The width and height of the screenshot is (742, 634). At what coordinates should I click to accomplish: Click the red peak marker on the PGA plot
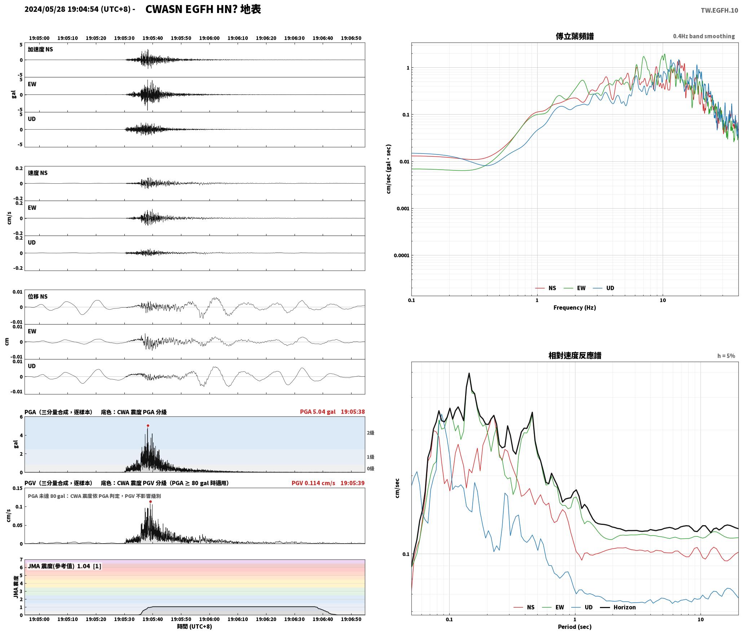[x=148, y=426]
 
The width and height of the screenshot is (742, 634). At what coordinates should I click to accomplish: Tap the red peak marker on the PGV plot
[x=150, y=502]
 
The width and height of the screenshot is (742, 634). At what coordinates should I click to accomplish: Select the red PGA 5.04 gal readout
[x=318, y=412]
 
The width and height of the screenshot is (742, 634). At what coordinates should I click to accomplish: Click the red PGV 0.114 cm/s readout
[x=313, y=483]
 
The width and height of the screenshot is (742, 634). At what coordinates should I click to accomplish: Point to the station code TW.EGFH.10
[x=719, y=10]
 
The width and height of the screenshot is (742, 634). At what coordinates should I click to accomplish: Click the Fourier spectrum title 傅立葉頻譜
[x=575, y=36]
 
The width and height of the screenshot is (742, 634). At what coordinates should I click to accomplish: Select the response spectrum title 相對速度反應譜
[x=575, y=356]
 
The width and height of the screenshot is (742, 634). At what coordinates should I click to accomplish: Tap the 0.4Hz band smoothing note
[x=704, y=36]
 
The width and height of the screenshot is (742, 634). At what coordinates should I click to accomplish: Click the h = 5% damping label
[x=726, y=356]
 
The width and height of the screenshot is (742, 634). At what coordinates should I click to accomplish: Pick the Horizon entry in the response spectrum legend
[x=618, y=607]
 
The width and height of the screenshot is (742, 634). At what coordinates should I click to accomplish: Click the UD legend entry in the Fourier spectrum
[x=604, y=288]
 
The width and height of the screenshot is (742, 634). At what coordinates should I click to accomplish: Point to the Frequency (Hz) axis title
[x=575, y=308]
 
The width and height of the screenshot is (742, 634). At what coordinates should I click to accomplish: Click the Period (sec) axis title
[x=575, y=627]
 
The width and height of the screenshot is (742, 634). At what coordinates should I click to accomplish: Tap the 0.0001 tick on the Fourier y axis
[x=401, y=256]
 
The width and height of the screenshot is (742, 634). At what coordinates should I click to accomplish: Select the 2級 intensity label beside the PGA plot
[x=371, y=433]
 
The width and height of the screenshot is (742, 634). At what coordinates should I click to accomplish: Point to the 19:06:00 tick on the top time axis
[x=209, y=38]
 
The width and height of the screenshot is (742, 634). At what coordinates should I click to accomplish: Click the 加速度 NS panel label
[x=40, y=49]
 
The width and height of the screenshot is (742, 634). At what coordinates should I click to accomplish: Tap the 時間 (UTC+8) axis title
[x=195, y=627]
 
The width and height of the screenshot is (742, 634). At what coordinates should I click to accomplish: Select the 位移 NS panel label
[x=38, y=296]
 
